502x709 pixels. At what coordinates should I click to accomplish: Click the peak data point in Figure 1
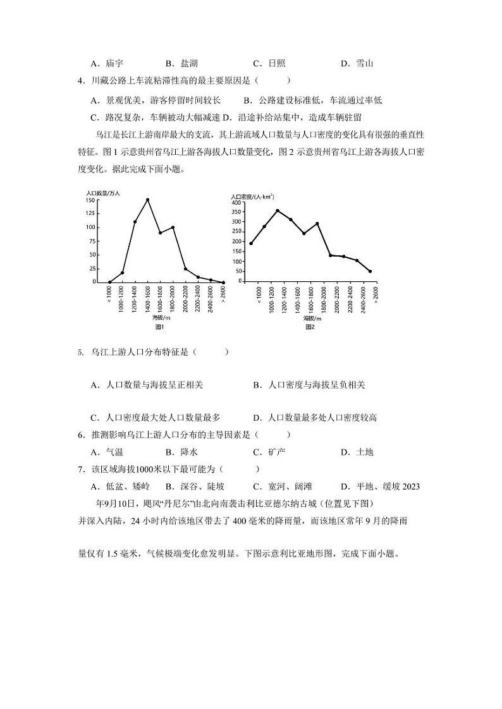point(147,200)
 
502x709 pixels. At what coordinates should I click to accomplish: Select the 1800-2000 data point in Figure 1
point(173,227)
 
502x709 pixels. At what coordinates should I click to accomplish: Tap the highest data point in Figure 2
point(277,210)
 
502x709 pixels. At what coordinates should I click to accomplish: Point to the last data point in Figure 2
point(370,271)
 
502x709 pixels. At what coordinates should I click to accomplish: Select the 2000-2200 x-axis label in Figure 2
point(331,300)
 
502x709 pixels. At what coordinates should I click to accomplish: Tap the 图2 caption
point(310,327)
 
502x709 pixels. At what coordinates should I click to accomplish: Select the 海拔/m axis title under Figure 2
point(310,318)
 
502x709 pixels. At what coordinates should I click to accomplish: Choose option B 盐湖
point(181,63)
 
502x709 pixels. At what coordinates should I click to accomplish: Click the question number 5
point(81,353)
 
